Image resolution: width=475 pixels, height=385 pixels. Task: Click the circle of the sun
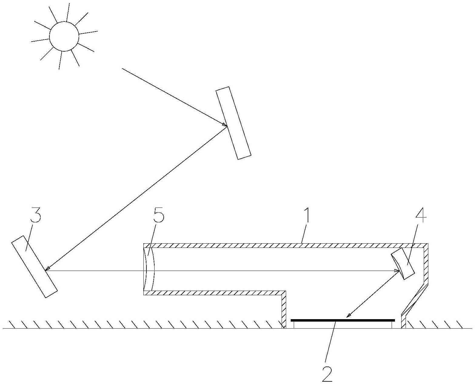pyautogui.click(x=64, y=36)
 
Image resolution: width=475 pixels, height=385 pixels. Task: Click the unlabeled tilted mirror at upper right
pyautogui.click(x=233, y=123)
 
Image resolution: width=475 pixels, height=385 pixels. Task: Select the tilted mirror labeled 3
pyautogui.click(x=34, y=266)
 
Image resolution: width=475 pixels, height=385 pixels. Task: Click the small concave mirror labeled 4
pyautogui.click(x=403, y=263)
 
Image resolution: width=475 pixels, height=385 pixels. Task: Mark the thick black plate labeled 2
pyautogui.click(x=343, y=320)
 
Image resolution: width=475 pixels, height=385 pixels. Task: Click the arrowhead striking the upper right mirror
pyautogui.click(x=225, y=125)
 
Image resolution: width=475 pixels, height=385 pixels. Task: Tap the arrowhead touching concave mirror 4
pyautogui.click(x=397, y=270)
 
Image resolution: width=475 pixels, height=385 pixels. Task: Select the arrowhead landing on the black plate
pyautogui.click(x=349, y=316)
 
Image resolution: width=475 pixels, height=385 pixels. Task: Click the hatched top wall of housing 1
pyautogui.click(x=285, y=245)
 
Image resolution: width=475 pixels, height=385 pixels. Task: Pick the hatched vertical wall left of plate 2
pyautogui.click(x=284, y=309)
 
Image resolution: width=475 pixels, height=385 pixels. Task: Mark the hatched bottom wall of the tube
pyautogui.click(x=212, y=293)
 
